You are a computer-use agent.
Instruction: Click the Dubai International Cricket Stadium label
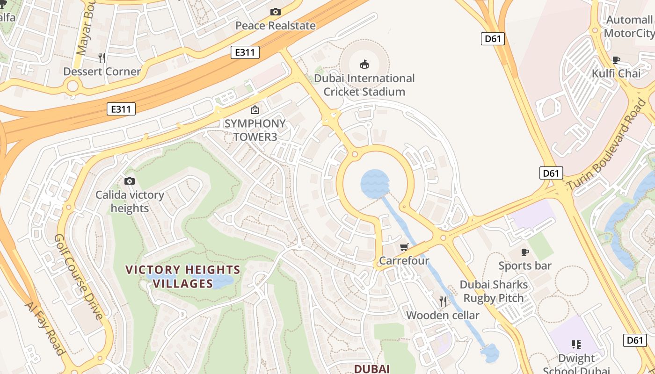[x=364, y=85]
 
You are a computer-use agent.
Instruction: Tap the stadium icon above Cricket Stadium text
[x=364, y=64]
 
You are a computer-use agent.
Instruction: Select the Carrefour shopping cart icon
[x=404, y=247]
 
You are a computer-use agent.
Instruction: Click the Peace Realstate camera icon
[x=276, y=12]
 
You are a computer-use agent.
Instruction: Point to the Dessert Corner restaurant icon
[x=102, y=58]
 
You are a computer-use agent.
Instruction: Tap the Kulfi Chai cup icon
[x=616, y=60]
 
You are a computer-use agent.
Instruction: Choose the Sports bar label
[x=525, y=266]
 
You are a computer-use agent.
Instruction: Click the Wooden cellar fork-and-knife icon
[x=443, y=302]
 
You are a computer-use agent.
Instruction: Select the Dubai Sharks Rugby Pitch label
[x=494, y=291]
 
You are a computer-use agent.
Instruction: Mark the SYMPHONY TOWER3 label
[x=255, y=130]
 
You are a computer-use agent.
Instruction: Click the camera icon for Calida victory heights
[x=130, y=181]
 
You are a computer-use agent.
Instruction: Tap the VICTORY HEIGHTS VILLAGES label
[x=183, y=276]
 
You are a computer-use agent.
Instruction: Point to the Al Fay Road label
[x=44, y=328]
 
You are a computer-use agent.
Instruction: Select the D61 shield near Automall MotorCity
[x=493, y=39]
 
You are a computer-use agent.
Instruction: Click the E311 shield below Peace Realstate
[x=245, y=52]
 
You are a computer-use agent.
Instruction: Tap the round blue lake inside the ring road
[x=375, y=184]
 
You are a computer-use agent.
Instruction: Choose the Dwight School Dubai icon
[x=576, y=345]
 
